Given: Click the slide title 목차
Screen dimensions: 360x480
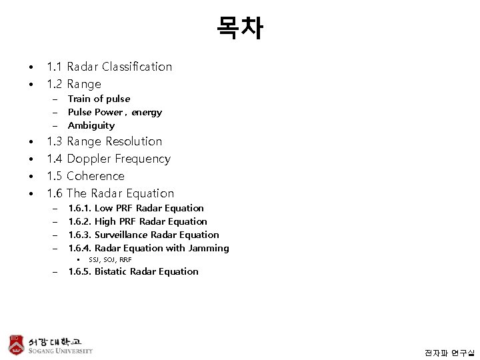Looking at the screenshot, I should tap(240, 28).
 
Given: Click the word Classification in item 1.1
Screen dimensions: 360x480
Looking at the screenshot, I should tap(137, 67).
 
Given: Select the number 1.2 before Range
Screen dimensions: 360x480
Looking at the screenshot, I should tap(55, 84).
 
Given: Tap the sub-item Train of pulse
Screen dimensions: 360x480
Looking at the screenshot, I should tap(99, 99).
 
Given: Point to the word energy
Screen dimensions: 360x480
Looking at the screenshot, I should tap(147, 112).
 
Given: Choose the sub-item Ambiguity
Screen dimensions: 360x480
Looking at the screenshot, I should tap(91, 125).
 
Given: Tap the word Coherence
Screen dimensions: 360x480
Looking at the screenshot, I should tap(95, 176).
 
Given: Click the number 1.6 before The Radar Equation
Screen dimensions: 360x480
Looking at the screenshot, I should tap(55, 193).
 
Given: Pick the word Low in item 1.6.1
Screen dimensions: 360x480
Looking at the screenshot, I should tap(105, 209).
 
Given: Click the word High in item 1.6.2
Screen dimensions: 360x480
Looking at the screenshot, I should tap(105, 221).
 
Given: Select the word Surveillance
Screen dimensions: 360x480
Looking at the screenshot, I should tap(124, 235).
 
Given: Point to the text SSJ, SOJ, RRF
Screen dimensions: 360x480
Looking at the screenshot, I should tap(110, 259).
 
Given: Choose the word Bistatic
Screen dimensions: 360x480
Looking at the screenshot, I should tap(111, 271).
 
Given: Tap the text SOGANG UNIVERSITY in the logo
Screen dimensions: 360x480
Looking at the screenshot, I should tap(61, 351).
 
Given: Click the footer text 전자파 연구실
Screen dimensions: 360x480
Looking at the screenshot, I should tap(449, 351).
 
